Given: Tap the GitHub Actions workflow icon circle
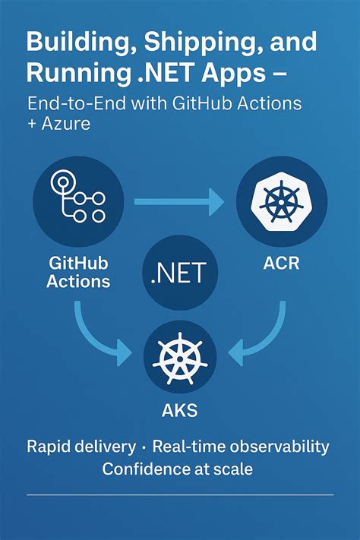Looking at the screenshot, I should (78, 201).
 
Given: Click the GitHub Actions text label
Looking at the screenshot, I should (78, 273).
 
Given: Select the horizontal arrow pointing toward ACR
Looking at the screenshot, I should (178, 201).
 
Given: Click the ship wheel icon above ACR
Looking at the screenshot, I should (282, 201).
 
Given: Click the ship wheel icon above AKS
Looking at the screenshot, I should (180, 358).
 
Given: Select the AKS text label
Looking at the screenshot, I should (180, 412).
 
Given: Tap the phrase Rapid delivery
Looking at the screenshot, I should (81, 446).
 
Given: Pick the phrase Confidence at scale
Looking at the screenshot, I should (178, 469).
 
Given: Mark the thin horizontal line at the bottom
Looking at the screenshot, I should (180, 495).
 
